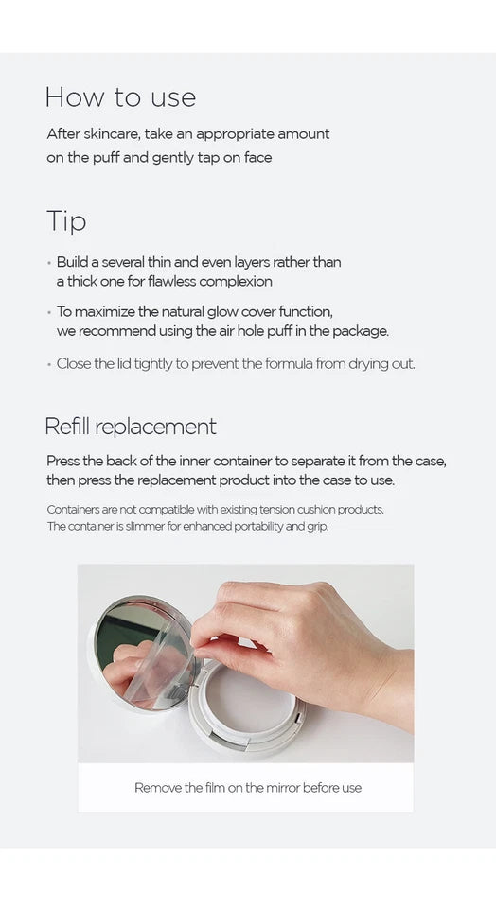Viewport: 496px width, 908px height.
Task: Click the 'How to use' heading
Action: (x=120, y=96)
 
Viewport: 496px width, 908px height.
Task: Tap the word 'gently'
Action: (x=172, y=158)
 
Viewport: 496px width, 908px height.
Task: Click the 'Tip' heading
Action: (x=66, y=221)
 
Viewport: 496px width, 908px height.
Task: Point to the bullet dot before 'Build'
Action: (x=49, y=262)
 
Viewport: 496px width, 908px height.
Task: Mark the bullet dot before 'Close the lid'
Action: (x=49, y=365)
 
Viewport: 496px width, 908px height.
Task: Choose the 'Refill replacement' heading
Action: (x=131, y=427)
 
